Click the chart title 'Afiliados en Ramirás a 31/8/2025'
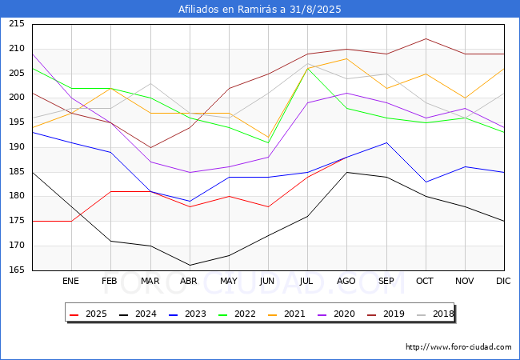[260, 9]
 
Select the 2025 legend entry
[89, 314]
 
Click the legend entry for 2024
[138, 314]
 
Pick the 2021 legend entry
[286, 314]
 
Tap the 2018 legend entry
[435, 314]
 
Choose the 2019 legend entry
[386, 314]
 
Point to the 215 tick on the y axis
[17, 23]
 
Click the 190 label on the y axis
[17, 147]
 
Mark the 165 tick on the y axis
[17, 270]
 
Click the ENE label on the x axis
[70, 281]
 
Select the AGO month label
[346, 281]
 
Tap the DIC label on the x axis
[503, 281]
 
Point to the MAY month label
[229, 281]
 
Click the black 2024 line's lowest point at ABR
[190, 265]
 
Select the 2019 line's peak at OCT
[426, 38]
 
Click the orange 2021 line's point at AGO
[347, 58]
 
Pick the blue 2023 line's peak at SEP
[386, 142]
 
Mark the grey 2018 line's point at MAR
[150, 83]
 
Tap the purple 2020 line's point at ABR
[190, 172]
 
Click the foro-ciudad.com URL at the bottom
[458, 347]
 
